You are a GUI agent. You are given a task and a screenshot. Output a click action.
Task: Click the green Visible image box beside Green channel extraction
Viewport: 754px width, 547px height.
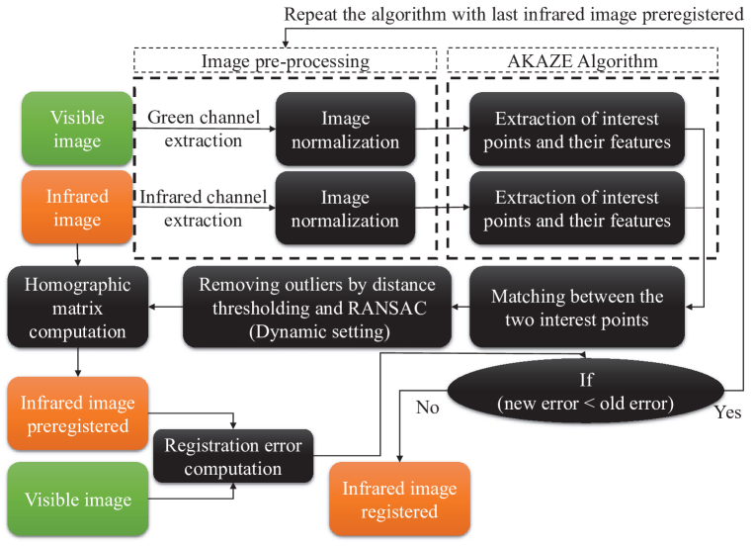click(77, 129)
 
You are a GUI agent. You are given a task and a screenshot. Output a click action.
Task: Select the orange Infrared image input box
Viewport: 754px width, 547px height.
click(77, 207)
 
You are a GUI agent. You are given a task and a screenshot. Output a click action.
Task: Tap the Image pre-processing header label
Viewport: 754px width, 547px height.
click(286, 61)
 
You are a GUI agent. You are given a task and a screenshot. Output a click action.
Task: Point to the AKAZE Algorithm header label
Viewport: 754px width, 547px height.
click(582, 61)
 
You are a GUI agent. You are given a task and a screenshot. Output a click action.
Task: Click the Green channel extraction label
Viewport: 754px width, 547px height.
click(204, 129)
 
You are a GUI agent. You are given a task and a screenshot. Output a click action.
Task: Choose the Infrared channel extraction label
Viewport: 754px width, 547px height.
click(204, 208)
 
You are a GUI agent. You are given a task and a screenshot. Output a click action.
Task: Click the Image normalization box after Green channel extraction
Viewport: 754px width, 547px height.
click(345, 129)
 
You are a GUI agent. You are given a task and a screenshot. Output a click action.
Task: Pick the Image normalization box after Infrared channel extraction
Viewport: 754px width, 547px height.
click(345, 208)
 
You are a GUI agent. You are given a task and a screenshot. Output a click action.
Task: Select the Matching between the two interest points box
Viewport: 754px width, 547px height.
click(577, 308)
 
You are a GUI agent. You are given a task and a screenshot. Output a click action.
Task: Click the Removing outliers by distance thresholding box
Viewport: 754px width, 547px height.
click(317, 308)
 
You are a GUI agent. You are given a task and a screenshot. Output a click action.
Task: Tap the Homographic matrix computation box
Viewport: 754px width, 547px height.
click(77, 308)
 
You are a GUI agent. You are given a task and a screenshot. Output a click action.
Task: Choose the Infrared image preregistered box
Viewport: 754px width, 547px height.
click(77, 413)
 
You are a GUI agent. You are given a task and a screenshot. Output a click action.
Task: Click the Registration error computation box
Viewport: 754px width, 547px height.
click(233, 456)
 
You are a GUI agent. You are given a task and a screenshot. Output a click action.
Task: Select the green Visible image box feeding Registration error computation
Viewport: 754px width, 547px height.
click(77, 499)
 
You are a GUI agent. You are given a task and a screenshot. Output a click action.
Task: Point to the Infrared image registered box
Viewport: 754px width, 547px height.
click(399, 499)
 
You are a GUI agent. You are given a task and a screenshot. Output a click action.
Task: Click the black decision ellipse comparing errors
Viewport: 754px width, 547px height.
click(586, 391)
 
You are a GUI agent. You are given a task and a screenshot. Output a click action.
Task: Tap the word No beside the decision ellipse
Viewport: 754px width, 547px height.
click(428, 408)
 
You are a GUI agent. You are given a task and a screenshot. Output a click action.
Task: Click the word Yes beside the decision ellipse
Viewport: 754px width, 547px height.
click(727, 412)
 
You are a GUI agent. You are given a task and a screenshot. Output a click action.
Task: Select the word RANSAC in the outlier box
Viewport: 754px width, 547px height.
click(387, 309)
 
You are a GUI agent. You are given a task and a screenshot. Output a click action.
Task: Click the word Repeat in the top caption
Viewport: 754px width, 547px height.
click(311, 15)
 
